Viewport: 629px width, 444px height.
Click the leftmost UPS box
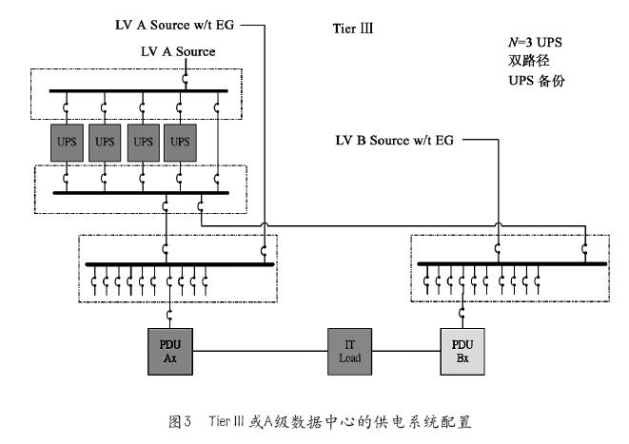(68, 141)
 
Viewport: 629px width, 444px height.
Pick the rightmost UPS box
(180, 141)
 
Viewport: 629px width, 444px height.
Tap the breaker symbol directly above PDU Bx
(462, 315)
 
